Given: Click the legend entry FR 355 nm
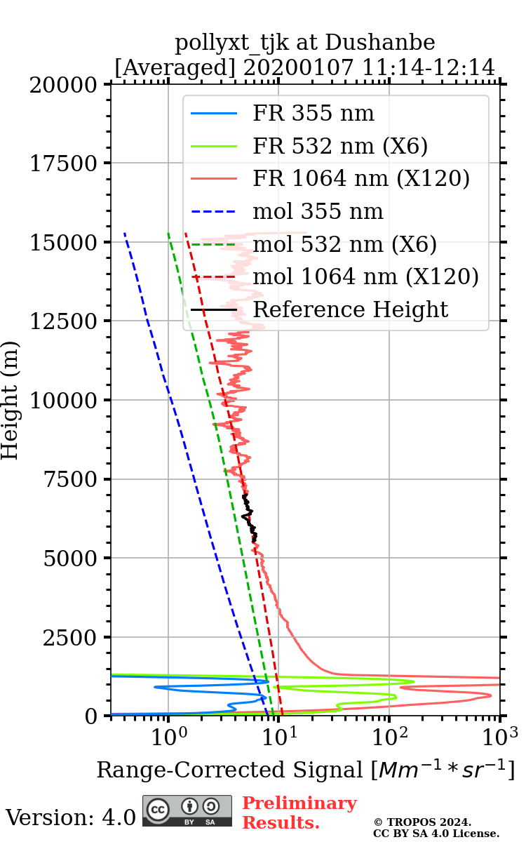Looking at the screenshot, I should [x=313, y=114].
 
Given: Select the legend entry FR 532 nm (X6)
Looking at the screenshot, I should [x=340, y=147].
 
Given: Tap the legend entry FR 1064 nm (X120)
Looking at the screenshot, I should [x=360, y=179].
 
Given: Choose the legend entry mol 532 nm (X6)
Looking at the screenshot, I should [x=344, y=244].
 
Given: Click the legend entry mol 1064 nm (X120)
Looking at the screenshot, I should [x=365, y=276].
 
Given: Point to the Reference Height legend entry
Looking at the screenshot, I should [x=350, y=309].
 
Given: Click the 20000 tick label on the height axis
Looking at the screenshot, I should [x=65, y=85].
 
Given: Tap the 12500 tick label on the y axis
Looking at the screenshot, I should [x=65, y=322].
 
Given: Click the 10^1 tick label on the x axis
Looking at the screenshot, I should [x=278, y=737].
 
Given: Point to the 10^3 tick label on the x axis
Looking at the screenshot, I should [x=499, y=737].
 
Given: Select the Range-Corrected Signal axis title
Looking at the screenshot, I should [x=305, y=770].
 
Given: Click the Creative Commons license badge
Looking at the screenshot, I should [x=187, y=811].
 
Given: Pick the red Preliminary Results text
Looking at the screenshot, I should [x=299, y=813].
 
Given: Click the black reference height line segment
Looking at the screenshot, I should [x=250, y=518].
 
